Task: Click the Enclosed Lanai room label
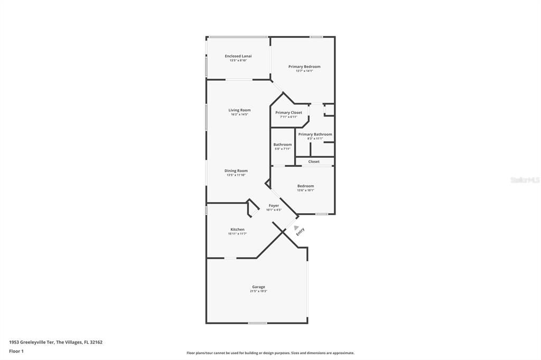238,56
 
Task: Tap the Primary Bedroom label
304,67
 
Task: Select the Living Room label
239,110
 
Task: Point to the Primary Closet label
288,112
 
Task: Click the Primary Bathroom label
315,134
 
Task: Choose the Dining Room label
236,170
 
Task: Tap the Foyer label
274,205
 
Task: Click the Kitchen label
237,229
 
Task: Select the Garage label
258,287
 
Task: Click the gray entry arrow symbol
288,228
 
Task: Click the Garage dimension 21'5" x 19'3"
258,291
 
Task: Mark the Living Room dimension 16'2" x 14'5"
239,115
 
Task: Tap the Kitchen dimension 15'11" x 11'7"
237,234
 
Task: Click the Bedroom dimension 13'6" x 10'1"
305,191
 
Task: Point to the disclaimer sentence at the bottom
270,353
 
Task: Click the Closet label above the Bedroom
314,162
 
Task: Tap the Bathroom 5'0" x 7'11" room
282,146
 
